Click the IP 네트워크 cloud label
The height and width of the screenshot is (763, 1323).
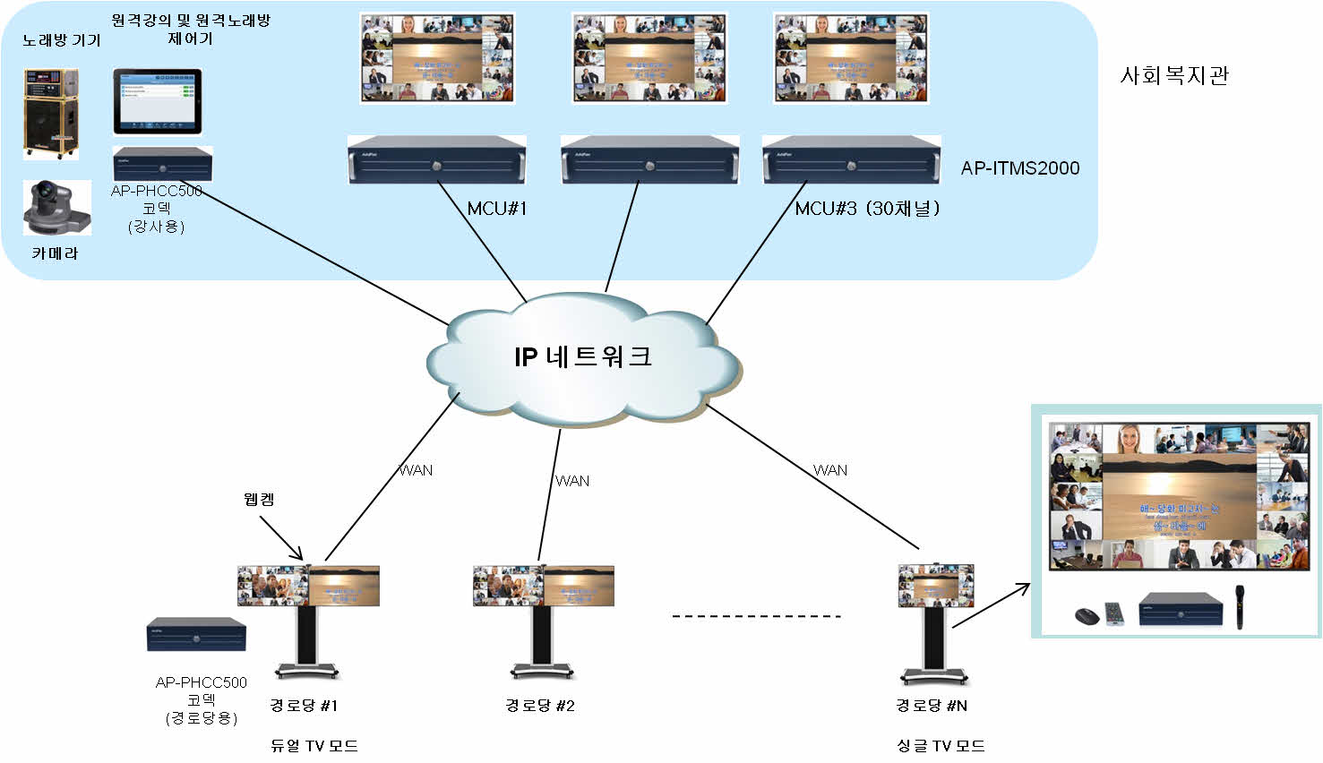[583, 356]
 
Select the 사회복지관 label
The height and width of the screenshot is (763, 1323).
[1173, 75]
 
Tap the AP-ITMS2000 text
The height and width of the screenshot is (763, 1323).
[1019, 168]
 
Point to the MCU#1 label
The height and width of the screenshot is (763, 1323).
[497, 209]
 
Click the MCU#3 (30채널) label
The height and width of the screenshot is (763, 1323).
[866, 209]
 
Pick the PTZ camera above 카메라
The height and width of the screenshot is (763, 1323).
[56, 208]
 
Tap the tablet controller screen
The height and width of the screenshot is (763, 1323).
[157, 101]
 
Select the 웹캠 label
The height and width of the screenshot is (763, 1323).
[259, 499]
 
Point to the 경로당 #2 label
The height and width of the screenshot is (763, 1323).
[539, 706]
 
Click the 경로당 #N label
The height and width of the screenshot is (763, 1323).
[932, 706]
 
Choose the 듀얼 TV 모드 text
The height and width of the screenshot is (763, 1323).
[314, 745]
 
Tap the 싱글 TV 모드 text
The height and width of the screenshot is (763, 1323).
[941, 745]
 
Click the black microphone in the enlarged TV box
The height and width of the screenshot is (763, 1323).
[1241, 606]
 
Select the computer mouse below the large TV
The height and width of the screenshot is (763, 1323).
[1087, 616]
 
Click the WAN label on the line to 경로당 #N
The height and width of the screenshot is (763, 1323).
[830, 470]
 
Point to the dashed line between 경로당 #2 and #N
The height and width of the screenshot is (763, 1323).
[756, 616]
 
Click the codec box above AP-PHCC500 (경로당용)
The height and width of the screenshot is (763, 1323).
[196, 635]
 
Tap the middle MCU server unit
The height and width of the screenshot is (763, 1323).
[649, 160]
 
